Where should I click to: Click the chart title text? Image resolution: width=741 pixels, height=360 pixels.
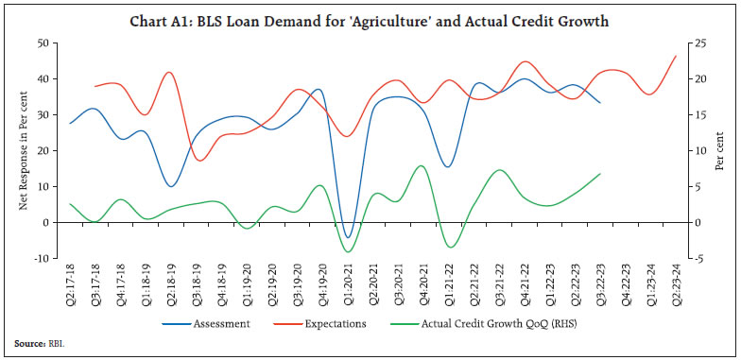pyautogui.click(x=370, y=19)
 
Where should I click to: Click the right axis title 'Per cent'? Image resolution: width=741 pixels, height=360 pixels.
pyautogui.click(x=721, y=151)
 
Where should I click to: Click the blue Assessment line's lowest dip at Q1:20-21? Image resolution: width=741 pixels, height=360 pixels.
pyautogui.click(x=349, y=237)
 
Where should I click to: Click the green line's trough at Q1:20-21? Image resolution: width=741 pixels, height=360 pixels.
pyautogui.click(x=349, y=251)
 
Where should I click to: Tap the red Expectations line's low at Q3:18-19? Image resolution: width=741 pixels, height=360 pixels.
pyautogui.click(x=198, y=160)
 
